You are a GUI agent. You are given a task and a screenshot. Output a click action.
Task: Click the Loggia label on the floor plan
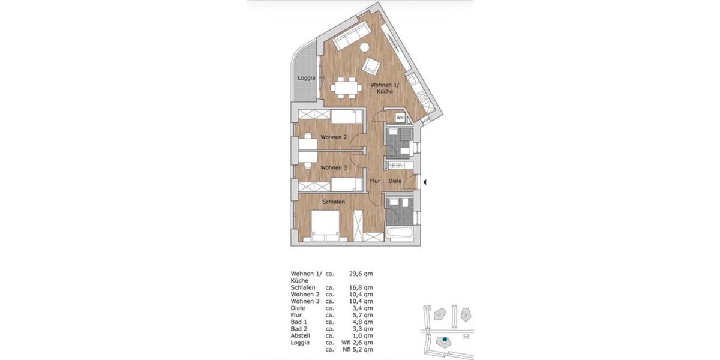click(x=307, y=78)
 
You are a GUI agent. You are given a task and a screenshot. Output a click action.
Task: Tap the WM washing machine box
click(x=400, y=118)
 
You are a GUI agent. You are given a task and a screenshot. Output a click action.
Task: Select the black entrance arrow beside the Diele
click(x=425, y=181)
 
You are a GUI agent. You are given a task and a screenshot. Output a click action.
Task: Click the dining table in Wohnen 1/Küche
click(x=345, y=88)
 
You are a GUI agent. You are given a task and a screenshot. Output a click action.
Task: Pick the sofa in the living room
click(x=351, y=37)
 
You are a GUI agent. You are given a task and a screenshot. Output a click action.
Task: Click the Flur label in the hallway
click(x=376, y=181)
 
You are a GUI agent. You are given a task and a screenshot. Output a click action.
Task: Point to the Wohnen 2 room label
click(x=334, y=137)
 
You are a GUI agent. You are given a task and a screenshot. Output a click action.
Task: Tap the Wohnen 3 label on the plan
click(x=334, y=168)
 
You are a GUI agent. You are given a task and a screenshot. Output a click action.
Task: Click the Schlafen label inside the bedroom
click(x=333, y=202)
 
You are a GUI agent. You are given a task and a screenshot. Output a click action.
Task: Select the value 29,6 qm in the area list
click(x=361, y=274)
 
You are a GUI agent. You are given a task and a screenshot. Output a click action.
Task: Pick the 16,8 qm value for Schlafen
click(x=361, y=288)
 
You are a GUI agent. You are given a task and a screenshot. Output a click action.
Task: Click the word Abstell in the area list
click(x=301, y=335)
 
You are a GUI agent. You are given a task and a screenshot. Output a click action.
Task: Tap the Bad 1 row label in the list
click(x=299, y=322)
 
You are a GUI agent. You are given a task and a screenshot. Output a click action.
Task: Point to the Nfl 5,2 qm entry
click(x=357, y=349)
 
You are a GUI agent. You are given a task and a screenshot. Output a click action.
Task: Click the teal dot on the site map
click(x=445, y=340)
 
